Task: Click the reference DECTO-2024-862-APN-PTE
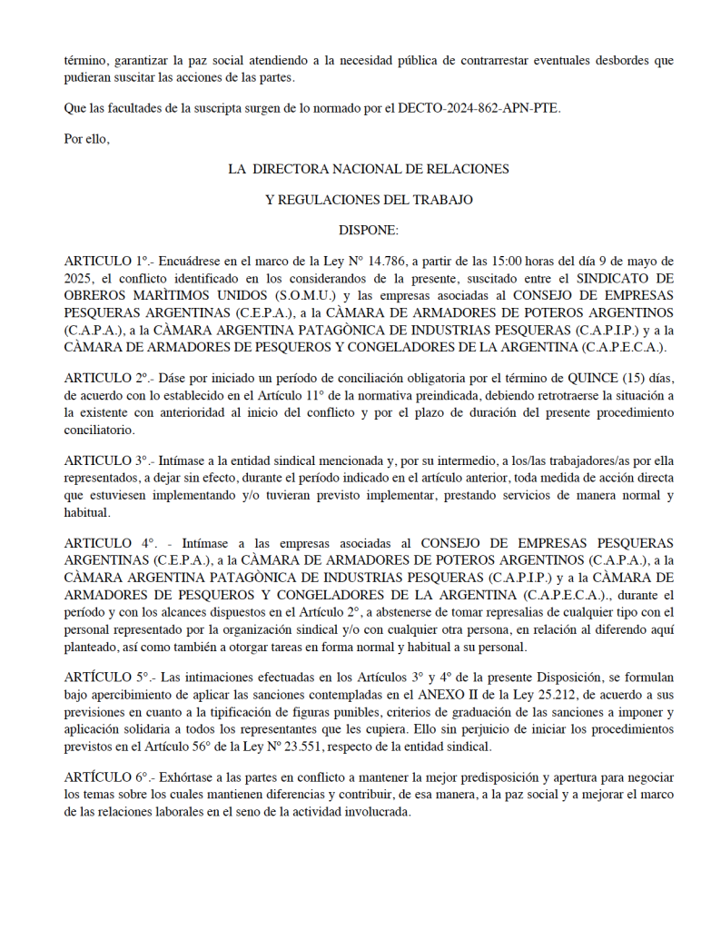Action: [480, 108]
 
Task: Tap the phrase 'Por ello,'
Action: [87, 139]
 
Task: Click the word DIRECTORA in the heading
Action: [301, 169]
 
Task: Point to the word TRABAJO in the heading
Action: [440, 199]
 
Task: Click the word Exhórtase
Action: [188, 777]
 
